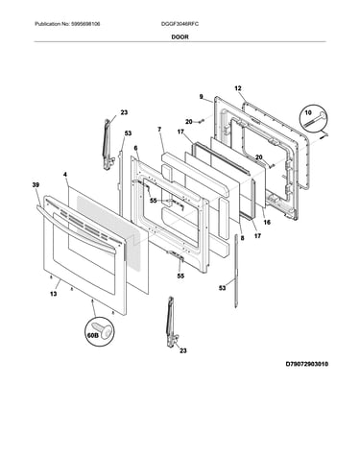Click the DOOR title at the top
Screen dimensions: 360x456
point(180,36)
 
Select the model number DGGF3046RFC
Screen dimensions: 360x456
point(180,24)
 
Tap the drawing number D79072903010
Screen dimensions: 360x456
point(307,364)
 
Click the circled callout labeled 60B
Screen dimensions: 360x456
point(99,332)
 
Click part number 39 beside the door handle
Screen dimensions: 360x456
point(36,184)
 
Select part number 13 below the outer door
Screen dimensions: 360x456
point(54,294)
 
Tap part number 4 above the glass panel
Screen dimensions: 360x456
point(65,175)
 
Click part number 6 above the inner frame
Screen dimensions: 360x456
point(135,148)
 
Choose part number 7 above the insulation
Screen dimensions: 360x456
point(159,130)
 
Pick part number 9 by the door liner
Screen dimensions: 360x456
point(201,96)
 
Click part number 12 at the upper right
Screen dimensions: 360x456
point(238,88)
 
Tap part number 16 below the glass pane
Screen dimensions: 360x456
point(267,222)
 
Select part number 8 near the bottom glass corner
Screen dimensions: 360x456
point(242,238)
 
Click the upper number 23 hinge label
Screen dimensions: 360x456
point(124,112)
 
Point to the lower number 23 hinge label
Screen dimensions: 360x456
point(182,350)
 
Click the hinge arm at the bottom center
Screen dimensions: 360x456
point(171,322)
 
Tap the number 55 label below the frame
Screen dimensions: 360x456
point(180,276)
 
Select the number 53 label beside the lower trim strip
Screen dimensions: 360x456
point(223,288)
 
